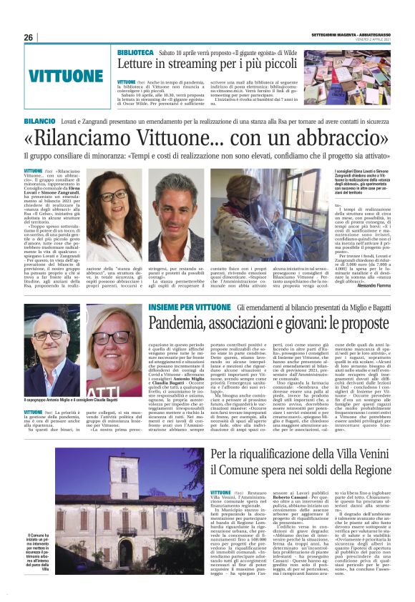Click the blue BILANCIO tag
tap(39, 123)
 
